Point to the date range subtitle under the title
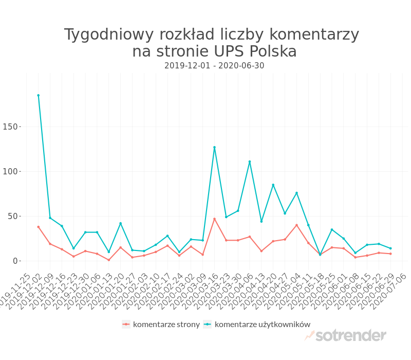[214, 66]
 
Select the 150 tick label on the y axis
[11, 127]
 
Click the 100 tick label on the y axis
[11, 171]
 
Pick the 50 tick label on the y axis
[13, 216]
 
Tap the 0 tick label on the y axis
[15, 261]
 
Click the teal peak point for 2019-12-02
[38, 95]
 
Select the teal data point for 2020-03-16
[214, 147]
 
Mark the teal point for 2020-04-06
[250, 161]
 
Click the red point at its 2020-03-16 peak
[214, 219]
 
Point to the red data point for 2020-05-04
[296, 225]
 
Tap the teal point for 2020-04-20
[273, 185]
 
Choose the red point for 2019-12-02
[38, 227]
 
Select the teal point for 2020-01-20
[120, 223]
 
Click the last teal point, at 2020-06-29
[390, 248]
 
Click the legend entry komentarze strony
[166, 324]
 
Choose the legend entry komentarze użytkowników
[262, 324]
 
